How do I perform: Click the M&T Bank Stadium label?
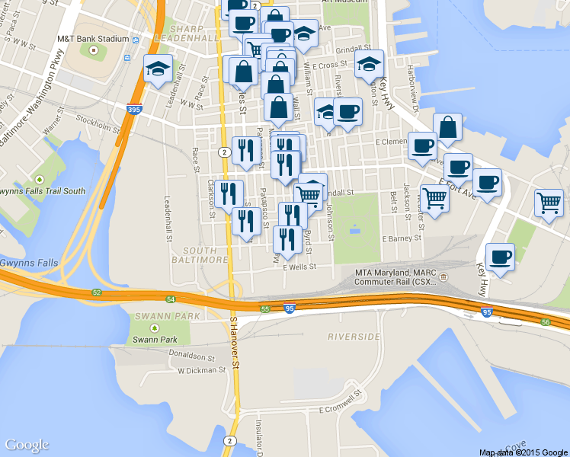click(93, 38)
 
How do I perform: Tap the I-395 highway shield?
click(134, 110)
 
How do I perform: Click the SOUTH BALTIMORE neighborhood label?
click(206, 254)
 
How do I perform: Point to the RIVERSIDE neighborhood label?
click(354, 336)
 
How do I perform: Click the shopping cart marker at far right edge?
click(549, 203)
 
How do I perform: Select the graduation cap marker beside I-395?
click(159, 69)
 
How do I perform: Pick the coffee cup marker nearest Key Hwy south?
click(500, 257)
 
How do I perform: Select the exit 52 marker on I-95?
click(97, 292)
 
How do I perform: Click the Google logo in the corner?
click(27, 445)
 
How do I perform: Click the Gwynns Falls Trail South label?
click(43, 191)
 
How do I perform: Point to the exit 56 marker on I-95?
click(546, 322)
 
